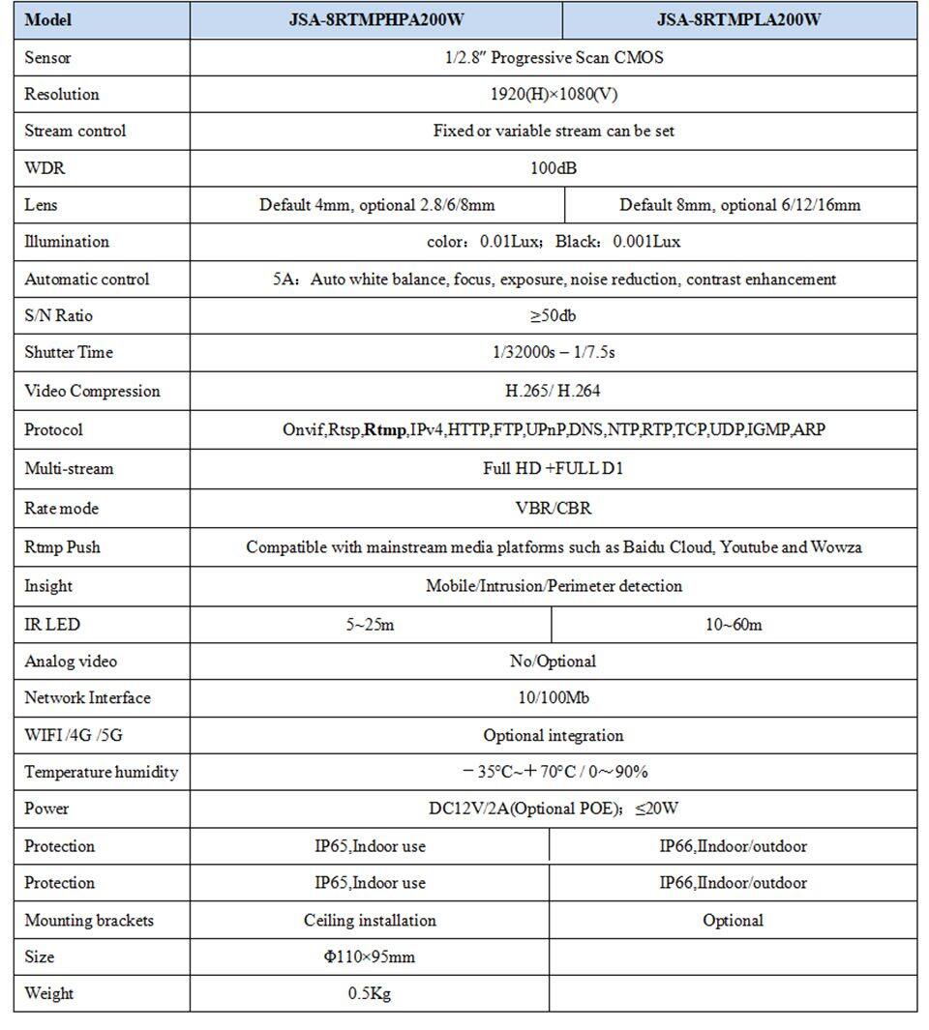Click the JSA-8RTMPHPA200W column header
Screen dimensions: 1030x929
click(x=376, y=19)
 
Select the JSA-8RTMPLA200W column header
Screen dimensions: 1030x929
click(x=739, y=19)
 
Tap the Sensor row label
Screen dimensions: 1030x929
click(x=48, y=58)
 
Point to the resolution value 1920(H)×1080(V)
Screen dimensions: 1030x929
click(x=553, y=94)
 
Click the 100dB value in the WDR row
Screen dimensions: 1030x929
click(x=553, y=168)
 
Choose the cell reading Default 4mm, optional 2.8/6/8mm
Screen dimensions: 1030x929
click(x=376, y=205)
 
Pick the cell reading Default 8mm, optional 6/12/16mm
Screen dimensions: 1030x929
click(x=739, y=205)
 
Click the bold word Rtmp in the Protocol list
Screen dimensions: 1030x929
click(x=384, y=429)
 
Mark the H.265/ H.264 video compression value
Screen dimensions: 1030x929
click(x=553, y=391)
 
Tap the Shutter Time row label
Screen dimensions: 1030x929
click(x=69, y=352)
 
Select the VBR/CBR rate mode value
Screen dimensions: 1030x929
click(x=553, y=508)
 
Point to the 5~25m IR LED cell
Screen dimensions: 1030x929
click(x=370, y=625)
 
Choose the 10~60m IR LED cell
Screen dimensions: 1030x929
click(x=733, y=625)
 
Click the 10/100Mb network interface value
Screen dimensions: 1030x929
click(x=553, y=698)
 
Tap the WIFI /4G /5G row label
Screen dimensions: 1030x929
click(x=74, y=735)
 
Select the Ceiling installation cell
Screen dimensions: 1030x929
click(x=370, y=920)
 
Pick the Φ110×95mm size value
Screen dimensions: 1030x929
click(x=370, y=956)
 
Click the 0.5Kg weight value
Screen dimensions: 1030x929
click(x=370, y=993)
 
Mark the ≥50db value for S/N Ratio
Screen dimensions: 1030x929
click(x=553, y=315)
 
